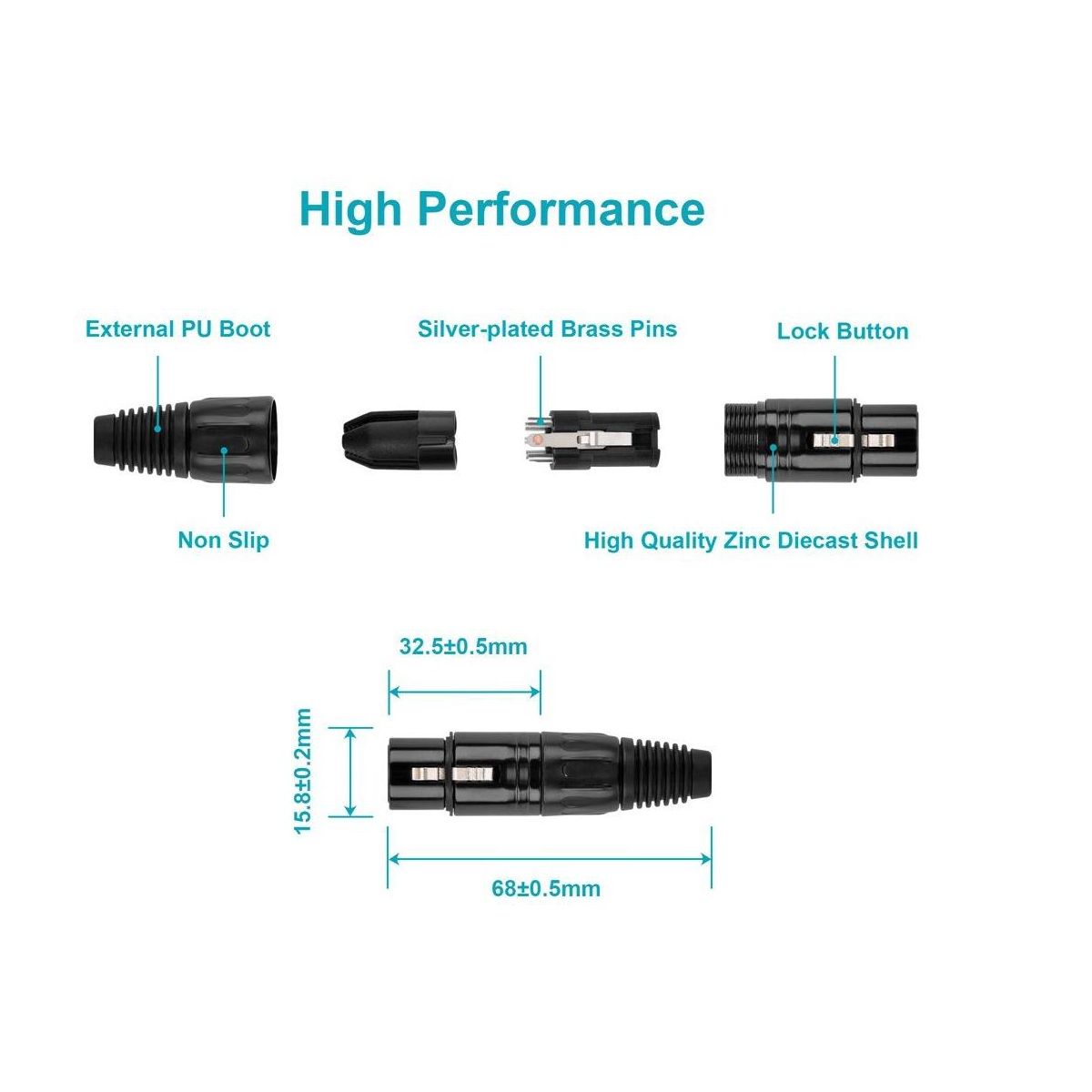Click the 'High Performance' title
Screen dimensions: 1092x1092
pos(501,208)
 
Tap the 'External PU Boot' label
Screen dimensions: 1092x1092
pos(177,329)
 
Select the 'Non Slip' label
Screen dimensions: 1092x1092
pos(223,540)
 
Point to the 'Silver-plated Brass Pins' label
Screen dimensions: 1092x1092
pos(547,329)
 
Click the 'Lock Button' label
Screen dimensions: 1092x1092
pos(843,331)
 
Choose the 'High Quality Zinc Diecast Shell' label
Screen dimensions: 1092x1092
pos(751,541)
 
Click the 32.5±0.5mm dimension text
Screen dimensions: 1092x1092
pos(463,647)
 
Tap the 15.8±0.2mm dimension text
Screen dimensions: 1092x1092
pos(303,771)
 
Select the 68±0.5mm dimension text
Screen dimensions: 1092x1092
pos(546,888)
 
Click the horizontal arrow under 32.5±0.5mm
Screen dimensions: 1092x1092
pos(464,692)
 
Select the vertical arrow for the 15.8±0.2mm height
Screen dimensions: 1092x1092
pos(350,772)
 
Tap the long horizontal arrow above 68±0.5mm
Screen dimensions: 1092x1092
pos(550,858)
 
